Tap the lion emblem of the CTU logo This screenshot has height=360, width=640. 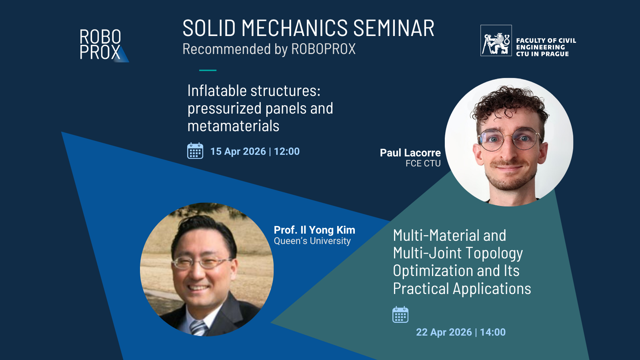tap(496, 41)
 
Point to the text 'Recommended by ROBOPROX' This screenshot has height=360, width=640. tap(269, 49)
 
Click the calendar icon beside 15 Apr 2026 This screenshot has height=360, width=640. tap(195, 151)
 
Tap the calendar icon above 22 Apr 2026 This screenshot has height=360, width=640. tap(400, 315)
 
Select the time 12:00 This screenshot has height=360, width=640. tap(287, 152)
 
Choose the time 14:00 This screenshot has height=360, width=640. tap(493, 332)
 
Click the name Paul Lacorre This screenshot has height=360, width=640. tap(410, 153)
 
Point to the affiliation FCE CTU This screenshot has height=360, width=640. tap(423, 164)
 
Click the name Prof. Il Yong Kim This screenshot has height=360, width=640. tap(314, 230)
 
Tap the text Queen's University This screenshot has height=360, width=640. tap(312, 241)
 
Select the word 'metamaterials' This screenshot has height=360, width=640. tap(233, 126)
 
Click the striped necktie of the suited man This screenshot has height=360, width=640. tap(198, 328)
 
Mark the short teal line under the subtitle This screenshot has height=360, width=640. tap(208, 70)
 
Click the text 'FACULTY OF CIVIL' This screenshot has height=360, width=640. tap(546, 40)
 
